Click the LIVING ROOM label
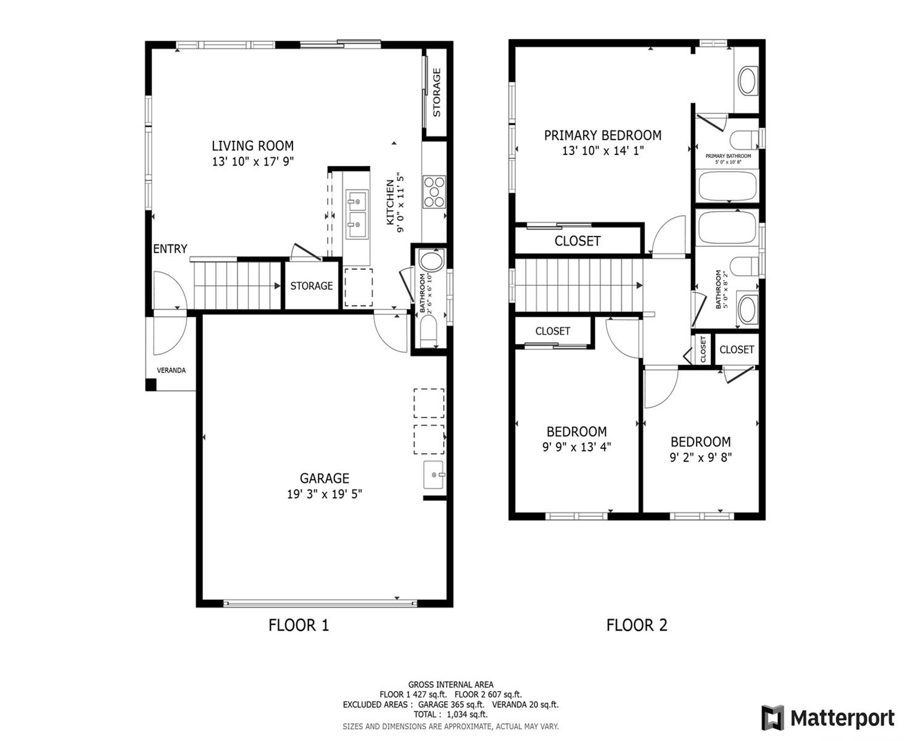click(252, 146)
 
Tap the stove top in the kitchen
click(434, 191)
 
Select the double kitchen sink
click(357, 213)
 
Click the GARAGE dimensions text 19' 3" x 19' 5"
click(325, 494)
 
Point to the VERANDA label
click(171, 370)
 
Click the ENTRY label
click(170, 248)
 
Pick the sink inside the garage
click(434, 475)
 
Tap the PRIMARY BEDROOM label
click(603, 135)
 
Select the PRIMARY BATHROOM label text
click(728, 156)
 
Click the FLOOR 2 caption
click(637, 625)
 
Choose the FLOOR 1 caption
click(298, 625)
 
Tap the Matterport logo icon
click(773, 718)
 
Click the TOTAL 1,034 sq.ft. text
click(450, 714)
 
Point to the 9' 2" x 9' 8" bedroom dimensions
click(700, 457)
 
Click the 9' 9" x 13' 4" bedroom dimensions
click(576, 446)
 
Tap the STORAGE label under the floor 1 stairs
click(311, 286)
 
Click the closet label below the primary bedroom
click(578, 241)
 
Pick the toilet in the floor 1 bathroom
click(429, 331)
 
